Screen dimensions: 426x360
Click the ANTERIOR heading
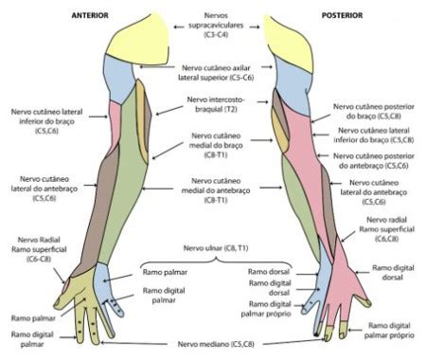pyautogui.click(x=90, y=15)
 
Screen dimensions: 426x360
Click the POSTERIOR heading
pyautogui.click(x=343, y=15)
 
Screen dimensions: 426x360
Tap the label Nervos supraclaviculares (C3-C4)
pyautogui.click(x=216, y=25)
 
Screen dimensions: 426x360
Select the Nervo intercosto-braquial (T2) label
pyautogui.click(x=216, y=104)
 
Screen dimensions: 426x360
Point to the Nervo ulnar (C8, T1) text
pyautogui.click(x=216, y=248)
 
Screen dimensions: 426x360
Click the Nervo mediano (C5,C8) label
pyautogui.click(x=216, y=344)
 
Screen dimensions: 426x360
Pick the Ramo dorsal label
pyautogui.click(x=269, y=272)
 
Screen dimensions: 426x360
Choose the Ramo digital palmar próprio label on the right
pyautogui.click(x=389, y=331)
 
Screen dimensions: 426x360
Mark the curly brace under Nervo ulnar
pyautogui.click(x=216, y=261)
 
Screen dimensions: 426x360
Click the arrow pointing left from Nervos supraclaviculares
pyautogui.click(x=179, y=27)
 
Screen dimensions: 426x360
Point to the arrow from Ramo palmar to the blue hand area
pyautogui.click(x=118, y=278)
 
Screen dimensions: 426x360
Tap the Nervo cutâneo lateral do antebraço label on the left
pyautogui.click(x=44, y=189)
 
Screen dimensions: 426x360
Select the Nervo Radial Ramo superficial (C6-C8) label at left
pyautogui.click(x=39, y=249)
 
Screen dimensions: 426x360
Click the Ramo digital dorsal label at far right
pyautogui.click(x=393, y=273)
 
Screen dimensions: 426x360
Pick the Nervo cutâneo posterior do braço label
pyautogui.click(x=374, y=112)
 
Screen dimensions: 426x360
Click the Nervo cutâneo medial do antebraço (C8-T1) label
pyautogui.click(x=216, y=190)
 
